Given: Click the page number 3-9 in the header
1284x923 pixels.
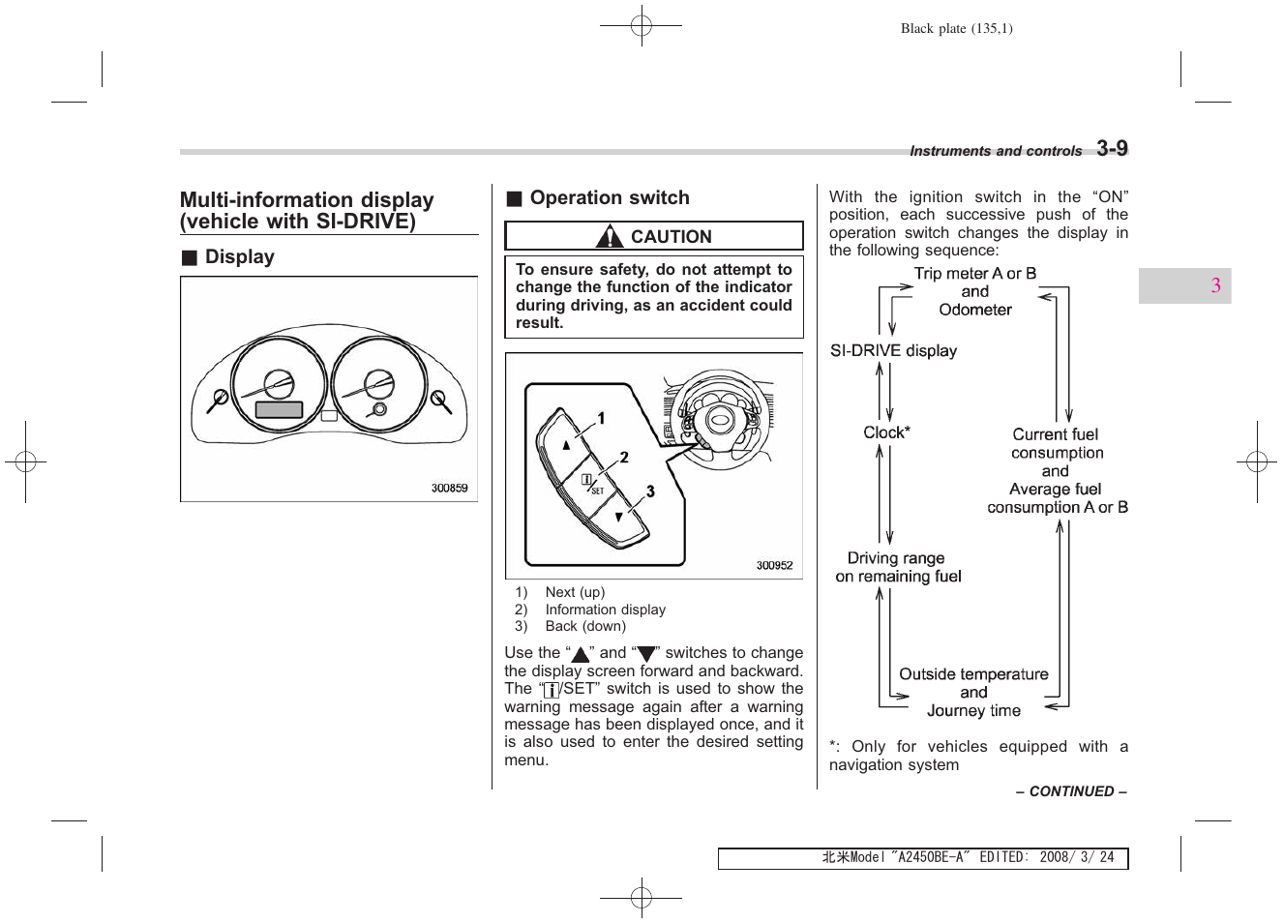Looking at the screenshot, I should point(1111,148).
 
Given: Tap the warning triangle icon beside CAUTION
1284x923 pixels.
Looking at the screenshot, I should point(609,236).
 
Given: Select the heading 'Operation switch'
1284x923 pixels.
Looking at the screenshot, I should point(609,198).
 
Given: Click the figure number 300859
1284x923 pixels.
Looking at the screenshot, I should point(449,489).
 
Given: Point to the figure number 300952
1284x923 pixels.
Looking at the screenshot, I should point(774,566).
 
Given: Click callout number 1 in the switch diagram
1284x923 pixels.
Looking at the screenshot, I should point(601,419).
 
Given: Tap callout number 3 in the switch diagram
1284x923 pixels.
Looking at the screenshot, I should point(650,491).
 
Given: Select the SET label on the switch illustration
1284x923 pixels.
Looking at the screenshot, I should point(597,491).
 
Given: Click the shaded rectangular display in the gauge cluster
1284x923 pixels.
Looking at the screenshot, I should point(279,409).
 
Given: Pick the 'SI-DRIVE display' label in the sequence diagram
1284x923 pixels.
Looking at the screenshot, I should point(893,351).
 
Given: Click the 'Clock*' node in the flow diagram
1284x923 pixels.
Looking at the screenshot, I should point(886,432).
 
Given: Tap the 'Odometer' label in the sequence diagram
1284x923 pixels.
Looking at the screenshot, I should point(974,310).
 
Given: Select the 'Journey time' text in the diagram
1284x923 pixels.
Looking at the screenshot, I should point(973,711).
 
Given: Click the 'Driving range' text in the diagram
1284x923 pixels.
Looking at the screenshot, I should point(895,558).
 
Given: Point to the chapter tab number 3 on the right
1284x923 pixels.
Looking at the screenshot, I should point(1215,285).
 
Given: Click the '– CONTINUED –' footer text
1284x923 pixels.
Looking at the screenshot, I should point(1070,791).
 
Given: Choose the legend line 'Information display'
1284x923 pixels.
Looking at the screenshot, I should point(605,610).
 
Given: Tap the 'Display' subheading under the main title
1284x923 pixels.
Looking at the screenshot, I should point(239,257).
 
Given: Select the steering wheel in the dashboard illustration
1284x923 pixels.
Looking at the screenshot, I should point(720,421).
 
